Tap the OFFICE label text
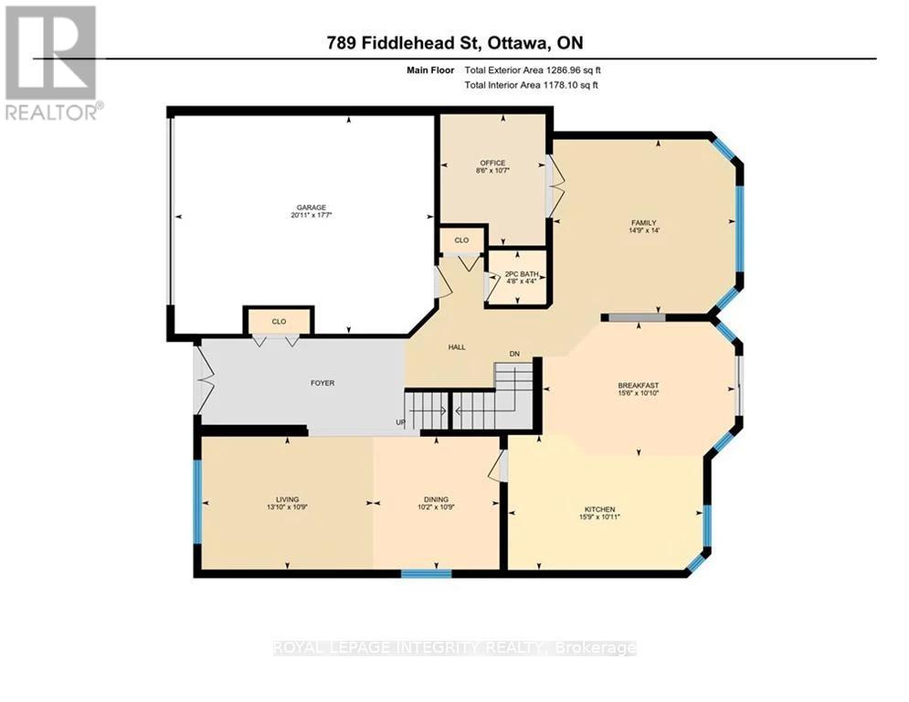[x=492, y=163]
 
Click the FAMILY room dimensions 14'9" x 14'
[x=643, y=230]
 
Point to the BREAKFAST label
[x=638, y=385]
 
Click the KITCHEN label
[x=599, y=509]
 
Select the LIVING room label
[x=290, y=498]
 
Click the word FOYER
[x=322, y=383]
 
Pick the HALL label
[x=457, y=347]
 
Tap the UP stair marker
[x=398, y=422]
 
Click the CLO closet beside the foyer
[x=279, y=322]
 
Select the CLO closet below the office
[x=461, y=240]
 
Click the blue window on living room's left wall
[x=196, y=503]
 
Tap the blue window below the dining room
[x=426, y=575]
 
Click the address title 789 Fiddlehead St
[x=454, y=42]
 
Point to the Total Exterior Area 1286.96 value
[x=532, y=69]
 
